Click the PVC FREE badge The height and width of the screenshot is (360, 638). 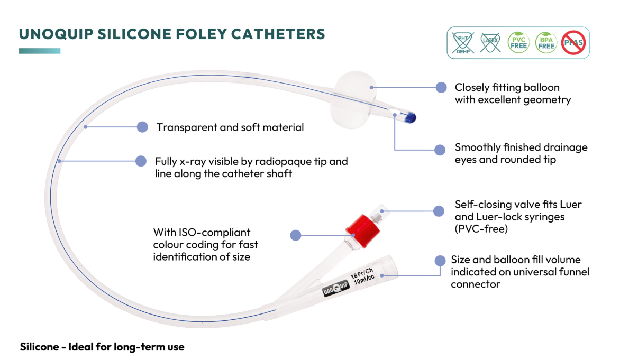click(x=518, y=43)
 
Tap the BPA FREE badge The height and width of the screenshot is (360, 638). click(x=546, y=43)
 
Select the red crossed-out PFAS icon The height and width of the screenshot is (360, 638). click(x=573, y=43)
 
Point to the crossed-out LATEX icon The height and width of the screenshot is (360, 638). click(x=490, y=43)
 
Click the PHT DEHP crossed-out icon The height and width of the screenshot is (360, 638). click(x=463, y=43)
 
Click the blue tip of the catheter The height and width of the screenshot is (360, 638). click(x=410, y=117)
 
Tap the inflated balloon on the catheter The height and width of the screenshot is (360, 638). click(x=353, y=99)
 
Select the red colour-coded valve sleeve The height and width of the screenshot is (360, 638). click(x=362, y=230)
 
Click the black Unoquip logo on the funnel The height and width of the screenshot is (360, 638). click(x=335, y=288)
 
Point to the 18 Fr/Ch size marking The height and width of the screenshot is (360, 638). click(x=362, y=273)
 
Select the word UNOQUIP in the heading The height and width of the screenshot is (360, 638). click(x=56, y=34)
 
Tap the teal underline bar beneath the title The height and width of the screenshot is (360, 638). click(x=40, y=51)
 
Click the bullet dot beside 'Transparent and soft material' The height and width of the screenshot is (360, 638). click(x=142, y=127)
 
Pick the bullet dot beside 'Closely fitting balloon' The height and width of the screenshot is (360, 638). click(x=441, y=87)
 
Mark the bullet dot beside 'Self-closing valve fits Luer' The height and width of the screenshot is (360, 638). click(x=439, y=211)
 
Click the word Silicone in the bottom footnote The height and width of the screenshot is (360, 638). click(x=39, y=347)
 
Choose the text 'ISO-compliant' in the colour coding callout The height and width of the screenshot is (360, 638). click(x=214, y=233)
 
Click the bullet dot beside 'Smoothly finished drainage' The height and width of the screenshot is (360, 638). click(x=440, y=150)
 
